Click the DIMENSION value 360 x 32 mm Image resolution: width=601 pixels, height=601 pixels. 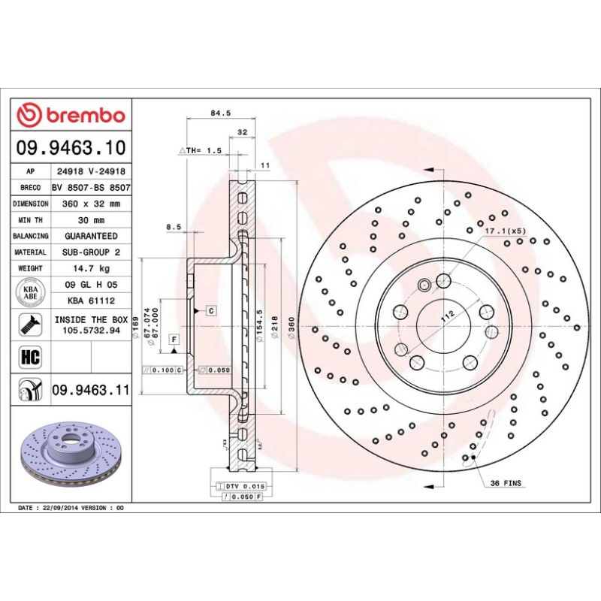point(91,204)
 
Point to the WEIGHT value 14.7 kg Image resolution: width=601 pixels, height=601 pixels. point(91,267)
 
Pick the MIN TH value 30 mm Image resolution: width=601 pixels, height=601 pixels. point(91,219)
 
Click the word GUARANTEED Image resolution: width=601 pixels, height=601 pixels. point(91,235)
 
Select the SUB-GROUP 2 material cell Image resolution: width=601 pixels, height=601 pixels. point(91,252)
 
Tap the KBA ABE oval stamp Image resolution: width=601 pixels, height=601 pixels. point(31,291)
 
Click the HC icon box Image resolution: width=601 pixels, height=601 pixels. point(31,355)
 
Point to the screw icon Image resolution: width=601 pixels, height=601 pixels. point(31,325)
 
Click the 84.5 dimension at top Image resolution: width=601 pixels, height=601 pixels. point(220,113)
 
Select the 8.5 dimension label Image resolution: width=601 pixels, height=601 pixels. point(174,225)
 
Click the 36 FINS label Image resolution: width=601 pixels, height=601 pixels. point(506,483)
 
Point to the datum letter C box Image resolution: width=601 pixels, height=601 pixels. point(211,310)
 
